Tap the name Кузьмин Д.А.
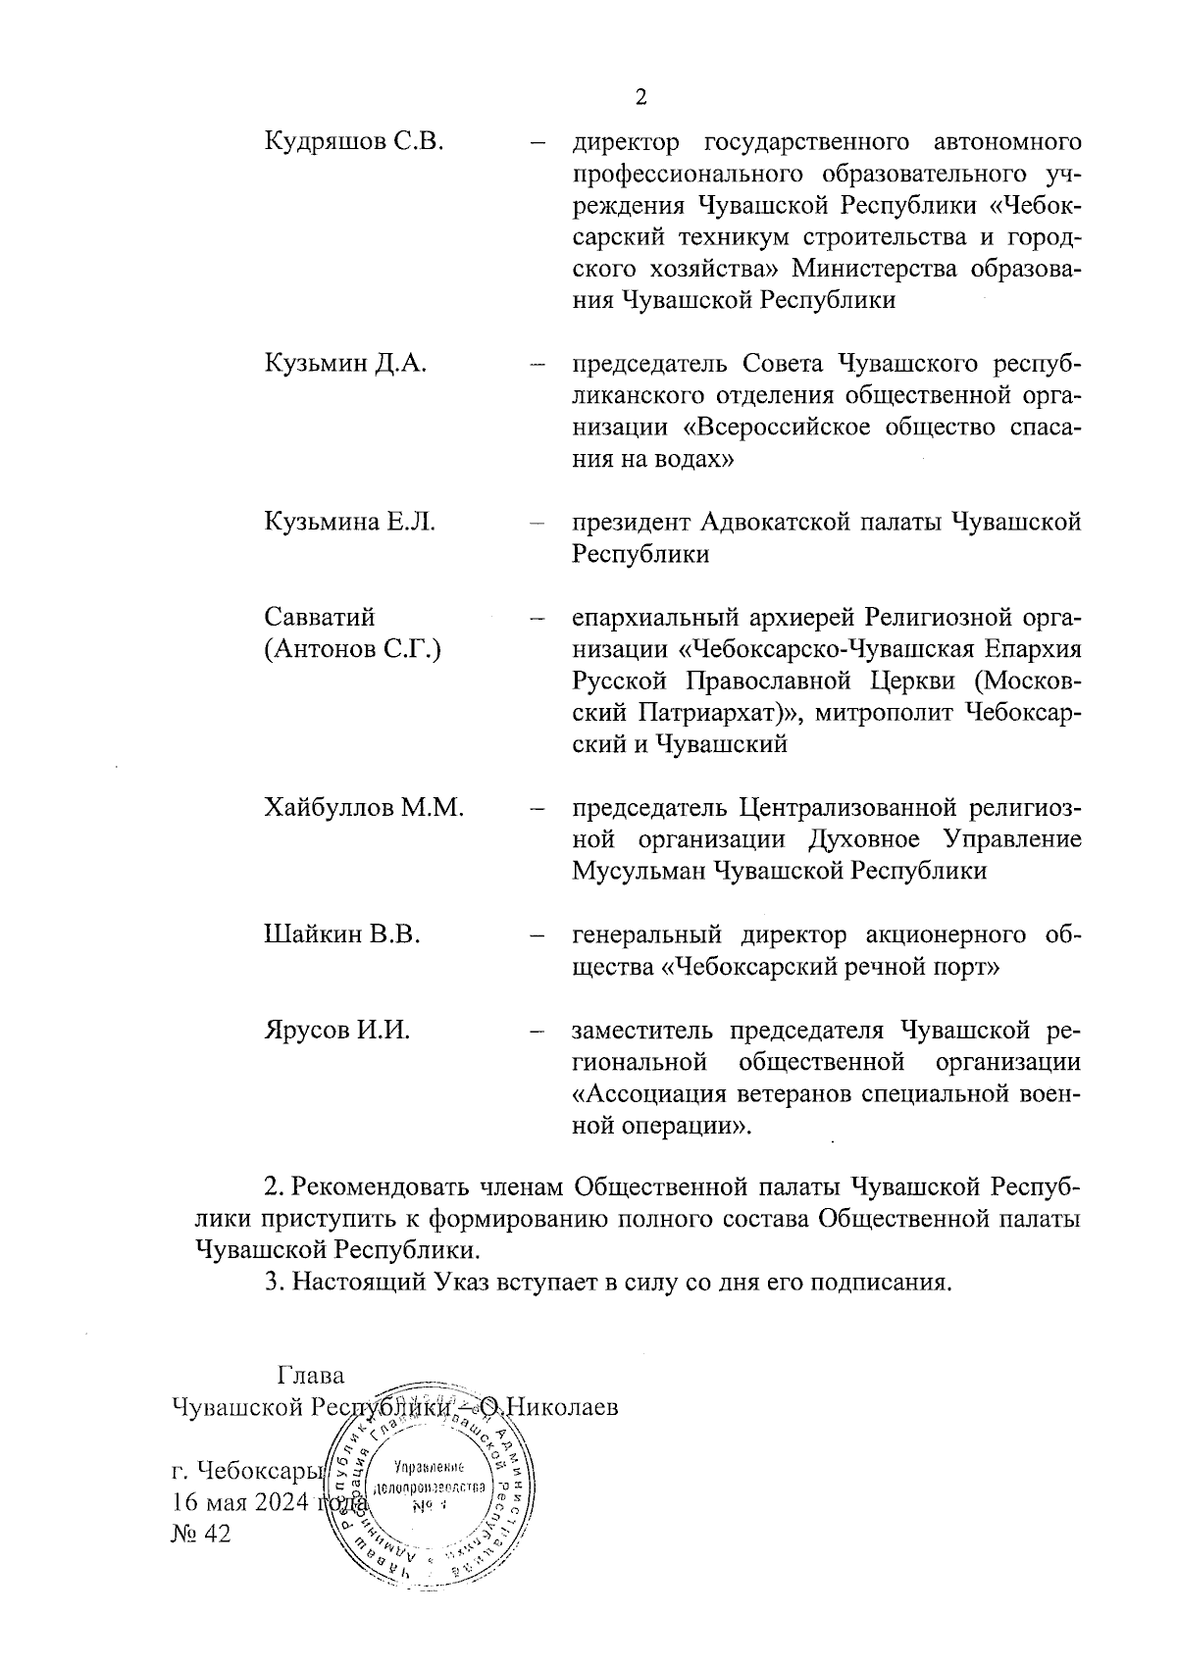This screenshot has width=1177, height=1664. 345,365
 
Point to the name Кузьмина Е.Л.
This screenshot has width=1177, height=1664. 350,523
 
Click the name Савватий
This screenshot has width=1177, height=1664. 320,618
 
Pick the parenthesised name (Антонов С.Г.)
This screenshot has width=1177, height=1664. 352,649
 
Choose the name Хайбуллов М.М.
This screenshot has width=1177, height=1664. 364,808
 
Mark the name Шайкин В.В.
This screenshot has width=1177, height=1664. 342,934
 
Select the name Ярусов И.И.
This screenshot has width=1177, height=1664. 336,1031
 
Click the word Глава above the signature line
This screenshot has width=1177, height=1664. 312,1375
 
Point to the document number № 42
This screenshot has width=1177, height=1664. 200,1534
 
